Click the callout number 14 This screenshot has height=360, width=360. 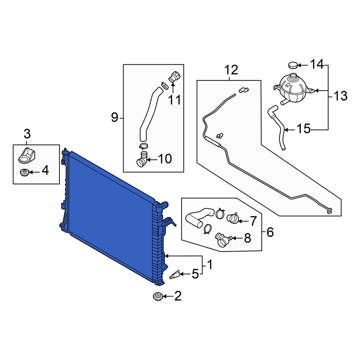(317, 64)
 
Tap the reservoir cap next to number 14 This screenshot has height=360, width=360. (293, 65)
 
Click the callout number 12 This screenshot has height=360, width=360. (231, 70)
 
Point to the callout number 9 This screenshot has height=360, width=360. (114, 118)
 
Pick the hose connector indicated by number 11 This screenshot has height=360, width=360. (175, 77)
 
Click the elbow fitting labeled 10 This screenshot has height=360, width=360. (142, 159)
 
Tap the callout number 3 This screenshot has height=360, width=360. (27, 134)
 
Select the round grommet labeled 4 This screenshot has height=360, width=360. (24, 172)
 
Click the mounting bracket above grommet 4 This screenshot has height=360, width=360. (27, 156)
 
